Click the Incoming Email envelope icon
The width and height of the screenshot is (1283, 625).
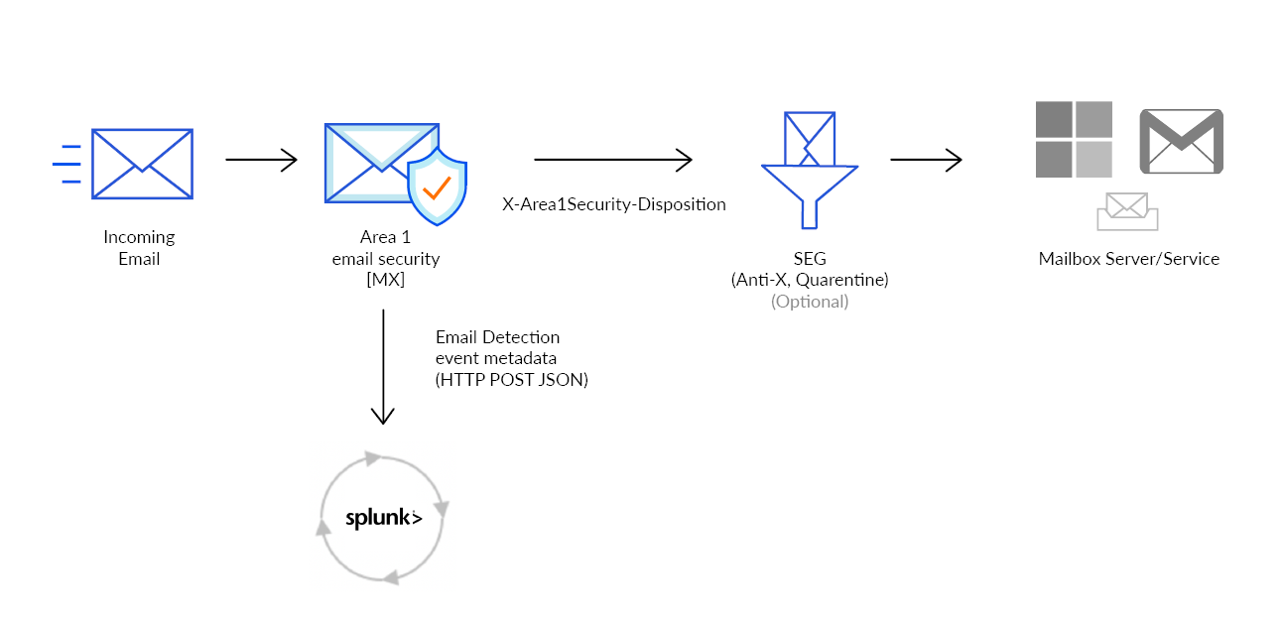[x=141, y=164]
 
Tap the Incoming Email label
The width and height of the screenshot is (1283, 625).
[x=139, y=248]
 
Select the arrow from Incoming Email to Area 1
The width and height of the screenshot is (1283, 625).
[x=261, y=160]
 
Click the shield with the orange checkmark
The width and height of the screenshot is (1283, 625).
[x=437, y=187]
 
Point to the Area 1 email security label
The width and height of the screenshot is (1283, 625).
[x=385, y=248]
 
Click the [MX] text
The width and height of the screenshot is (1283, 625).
[x=385, y=281]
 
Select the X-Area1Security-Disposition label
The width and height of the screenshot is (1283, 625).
[x=614, y=205]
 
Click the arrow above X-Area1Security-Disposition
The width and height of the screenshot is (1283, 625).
[x=612, y=159]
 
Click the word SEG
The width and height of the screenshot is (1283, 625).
[x=810, y=259]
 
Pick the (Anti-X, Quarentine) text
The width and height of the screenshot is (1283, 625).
[x=810, y=281]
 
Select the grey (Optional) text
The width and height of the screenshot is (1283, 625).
[x=810, y=302]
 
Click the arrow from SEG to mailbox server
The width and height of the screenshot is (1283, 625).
[x=926, y=160]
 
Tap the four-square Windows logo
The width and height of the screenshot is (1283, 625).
[x=1074, y=139]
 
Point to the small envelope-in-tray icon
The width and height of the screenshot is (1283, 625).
[x=1127, y=211]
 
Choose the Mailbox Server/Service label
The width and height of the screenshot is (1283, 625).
[x=1128, y=259]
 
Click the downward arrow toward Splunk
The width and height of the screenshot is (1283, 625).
[x=383, y=367]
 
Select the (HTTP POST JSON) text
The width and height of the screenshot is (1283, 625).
[x=511, y=380]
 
